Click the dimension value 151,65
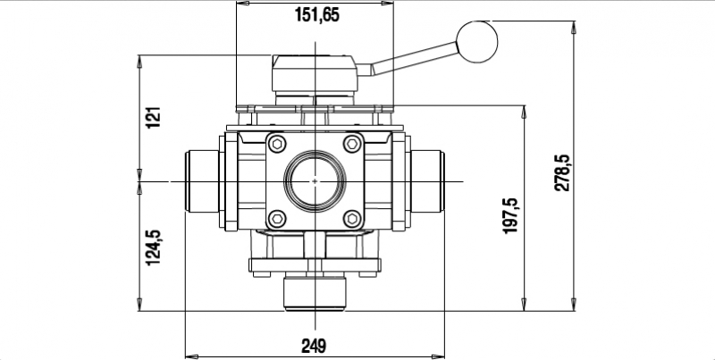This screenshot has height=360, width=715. (316, 15)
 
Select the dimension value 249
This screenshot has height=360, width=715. (314, 345)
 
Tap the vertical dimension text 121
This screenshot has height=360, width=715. (153, 117)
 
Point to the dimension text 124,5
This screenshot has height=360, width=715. (153, 247)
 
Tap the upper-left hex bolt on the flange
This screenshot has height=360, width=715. (277, 145)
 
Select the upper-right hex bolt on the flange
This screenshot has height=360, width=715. (353, 145)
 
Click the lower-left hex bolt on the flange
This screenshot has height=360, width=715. (277, 219)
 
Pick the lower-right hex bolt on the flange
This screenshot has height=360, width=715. (353, 219)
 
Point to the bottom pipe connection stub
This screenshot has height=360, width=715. (315, 293)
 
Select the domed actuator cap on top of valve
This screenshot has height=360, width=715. (315, 64)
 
